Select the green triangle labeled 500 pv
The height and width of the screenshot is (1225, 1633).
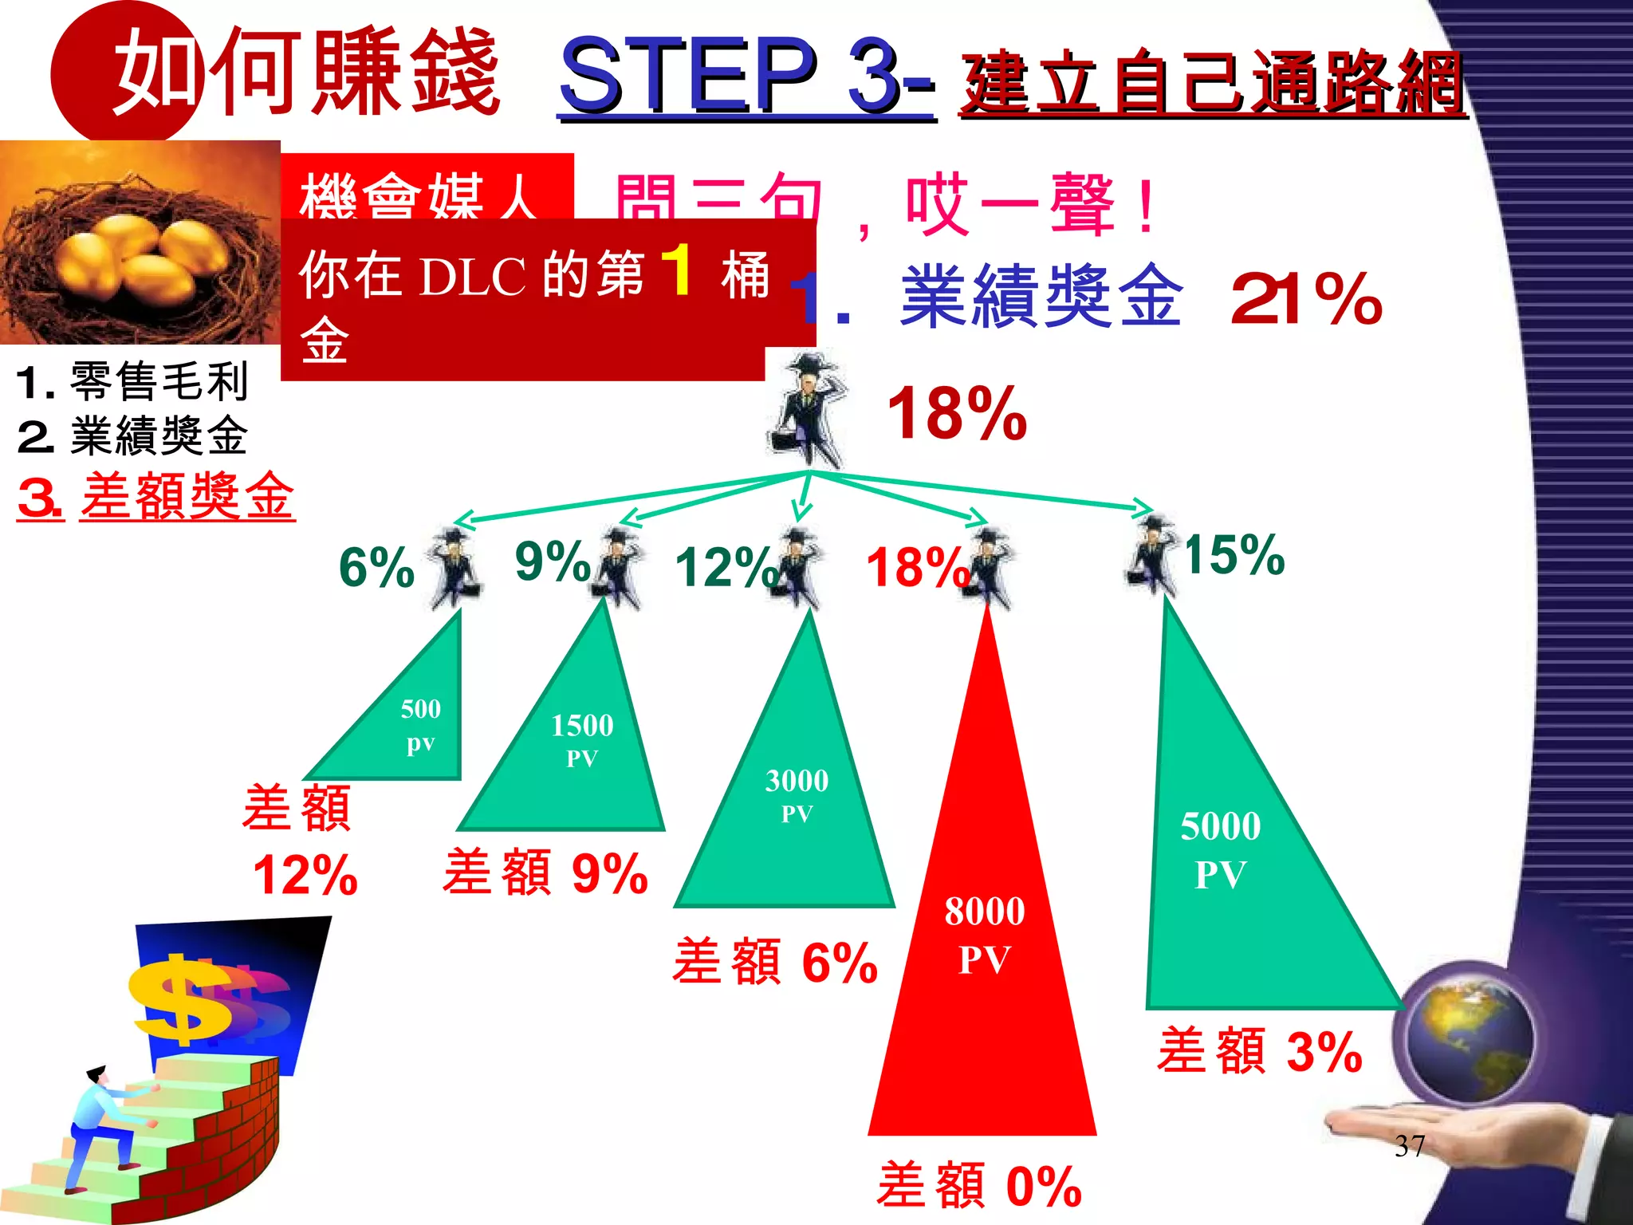pos(415,726)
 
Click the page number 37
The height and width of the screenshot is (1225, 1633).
pos(1410,1146)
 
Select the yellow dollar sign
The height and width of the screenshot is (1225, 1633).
pos(183,1001)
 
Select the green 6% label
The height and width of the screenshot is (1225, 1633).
pos(376,568)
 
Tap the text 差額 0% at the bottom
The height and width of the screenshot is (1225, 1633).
pos(979,1186)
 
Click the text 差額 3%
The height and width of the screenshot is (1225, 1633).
pos(1260,1051)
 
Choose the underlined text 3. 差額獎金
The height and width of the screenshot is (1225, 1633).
pos(156,497)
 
